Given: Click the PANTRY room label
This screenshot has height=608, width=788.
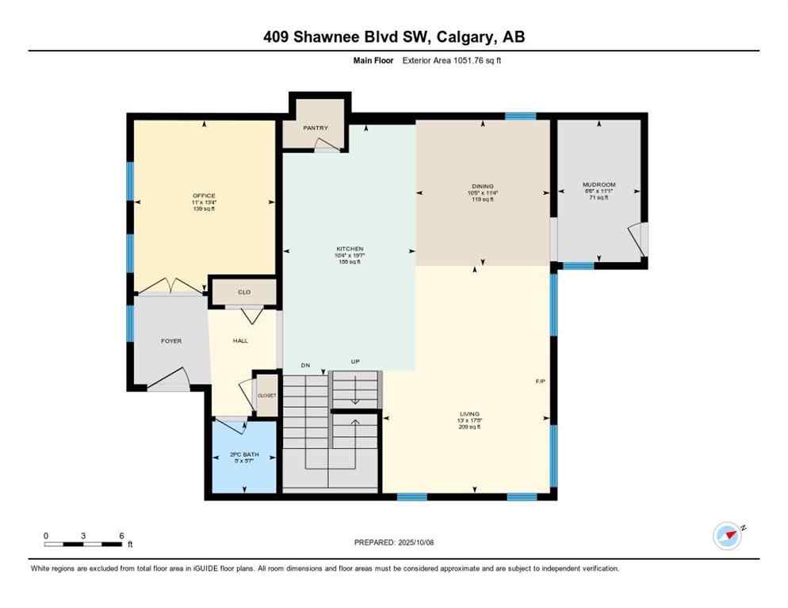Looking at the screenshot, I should tap(315, 127).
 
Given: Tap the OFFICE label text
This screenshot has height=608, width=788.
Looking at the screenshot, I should tap(204, 196).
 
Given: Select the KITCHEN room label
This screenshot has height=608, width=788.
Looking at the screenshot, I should tap(349, 249).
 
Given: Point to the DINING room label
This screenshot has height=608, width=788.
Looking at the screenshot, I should tap(482, 186).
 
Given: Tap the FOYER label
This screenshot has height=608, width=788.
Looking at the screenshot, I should tap(171, 341).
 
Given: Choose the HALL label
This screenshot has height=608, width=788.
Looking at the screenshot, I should tap(240, 341).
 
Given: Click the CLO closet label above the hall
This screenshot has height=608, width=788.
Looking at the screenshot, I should tap(244, 292).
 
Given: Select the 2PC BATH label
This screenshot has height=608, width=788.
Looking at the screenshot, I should tap(244, 455).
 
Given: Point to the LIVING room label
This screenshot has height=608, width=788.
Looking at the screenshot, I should tap(469, 413).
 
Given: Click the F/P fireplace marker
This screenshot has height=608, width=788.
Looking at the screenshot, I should tap(540, 382).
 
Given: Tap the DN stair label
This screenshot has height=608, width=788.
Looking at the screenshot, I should tap(304, 365).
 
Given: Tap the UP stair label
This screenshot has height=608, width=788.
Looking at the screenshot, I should tap(356, 363).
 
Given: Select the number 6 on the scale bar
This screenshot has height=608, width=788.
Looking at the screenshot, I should tap(121, 536).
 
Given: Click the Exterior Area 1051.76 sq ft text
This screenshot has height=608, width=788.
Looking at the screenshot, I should tap(451, 59).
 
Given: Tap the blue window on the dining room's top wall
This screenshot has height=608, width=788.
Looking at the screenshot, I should tap(520, 116).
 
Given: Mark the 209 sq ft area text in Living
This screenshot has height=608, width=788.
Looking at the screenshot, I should tap(469, 427).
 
